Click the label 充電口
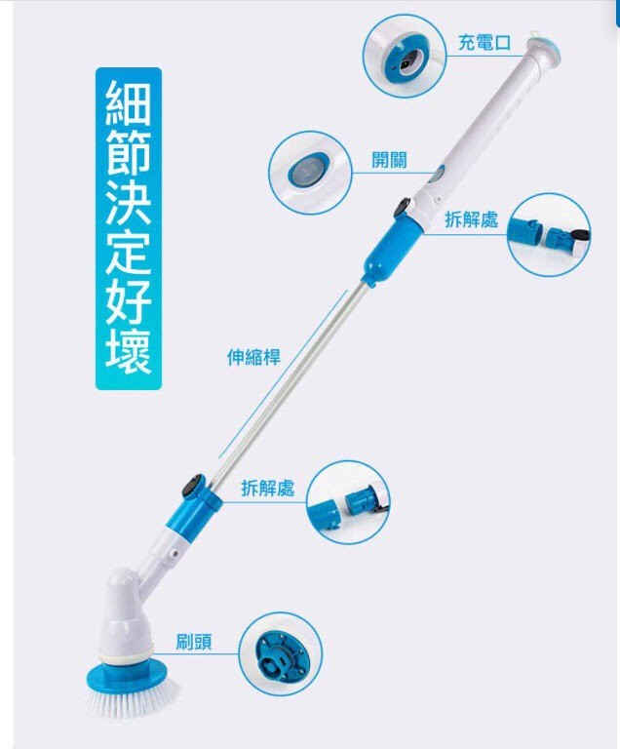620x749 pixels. (484, 43)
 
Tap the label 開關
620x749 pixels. (390, 160)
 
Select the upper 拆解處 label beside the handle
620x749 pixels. (472, 219)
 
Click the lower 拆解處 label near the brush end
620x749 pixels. (268, 488)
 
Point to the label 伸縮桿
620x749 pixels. (253, 356)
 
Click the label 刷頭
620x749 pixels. (194, 642)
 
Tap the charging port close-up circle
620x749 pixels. (405, 56)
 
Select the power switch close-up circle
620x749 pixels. (310, 173)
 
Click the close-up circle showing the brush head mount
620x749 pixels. (281, 654)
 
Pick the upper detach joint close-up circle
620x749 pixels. (549, 234)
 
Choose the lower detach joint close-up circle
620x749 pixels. (348, 502)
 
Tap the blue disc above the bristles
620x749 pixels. (128, 674)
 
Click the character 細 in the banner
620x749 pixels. (128, 102)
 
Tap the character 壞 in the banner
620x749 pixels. (128, 352)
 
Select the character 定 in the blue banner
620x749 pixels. (128, 254)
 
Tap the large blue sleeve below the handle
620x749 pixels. (393, 251)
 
